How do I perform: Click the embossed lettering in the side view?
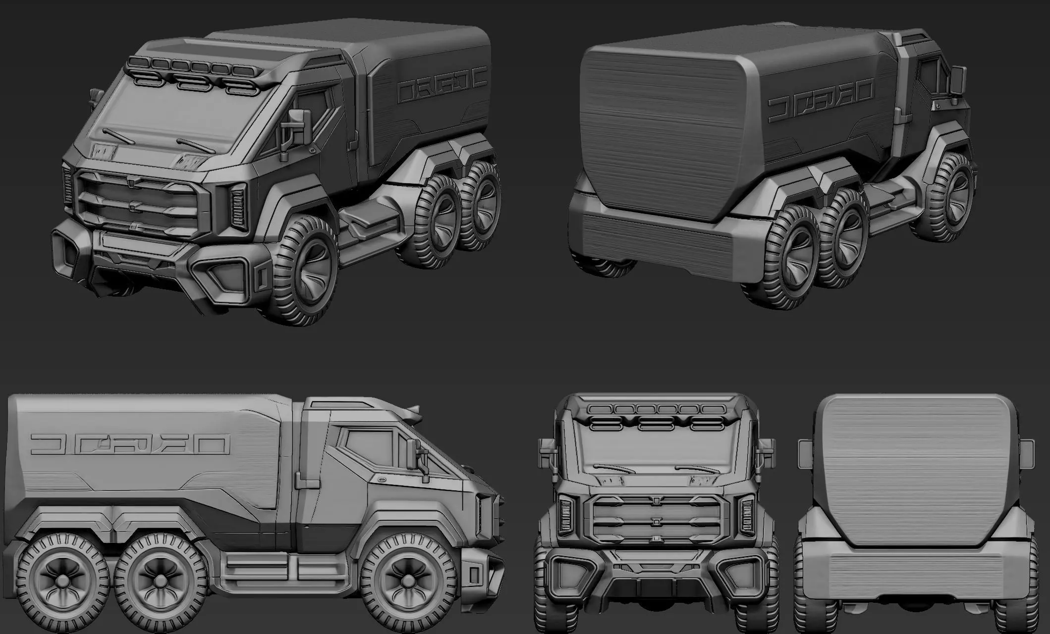(x=130, y=444)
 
